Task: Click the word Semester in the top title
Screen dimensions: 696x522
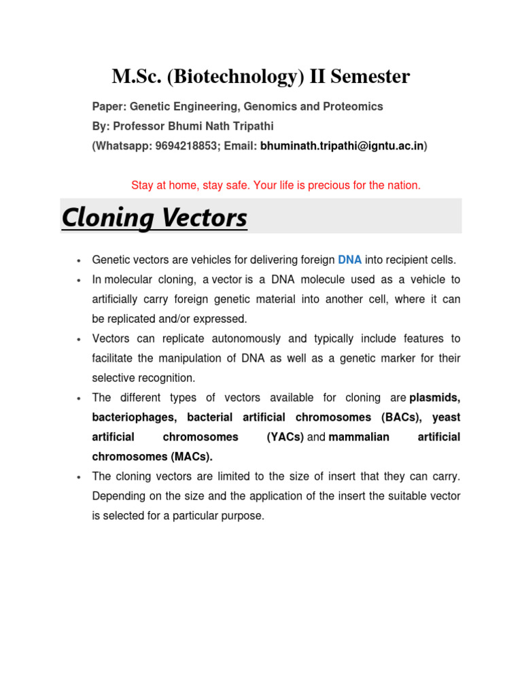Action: [x=370, y=77]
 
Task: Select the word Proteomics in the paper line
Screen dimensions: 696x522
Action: [x=355, y=107]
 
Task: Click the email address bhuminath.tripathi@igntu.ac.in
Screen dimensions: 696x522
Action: [x=343, y=146]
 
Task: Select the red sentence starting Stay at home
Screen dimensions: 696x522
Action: [x=275, y=185]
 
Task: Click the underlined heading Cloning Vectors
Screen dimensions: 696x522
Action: [x=154, y=218]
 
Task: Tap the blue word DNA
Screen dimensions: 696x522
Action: [x=349, y=260]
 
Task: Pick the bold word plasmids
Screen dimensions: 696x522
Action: [x=435, y=398]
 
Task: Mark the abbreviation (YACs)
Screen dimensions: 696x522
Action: [x=285, y=437]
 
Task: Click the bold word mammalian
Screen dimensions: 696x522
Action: [x=359, y=437]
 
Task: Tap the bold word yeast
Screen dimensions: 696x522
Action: [x=446, y=417]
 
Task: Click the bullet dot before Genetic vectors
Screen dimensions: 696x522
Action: [x=80, y=260]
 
